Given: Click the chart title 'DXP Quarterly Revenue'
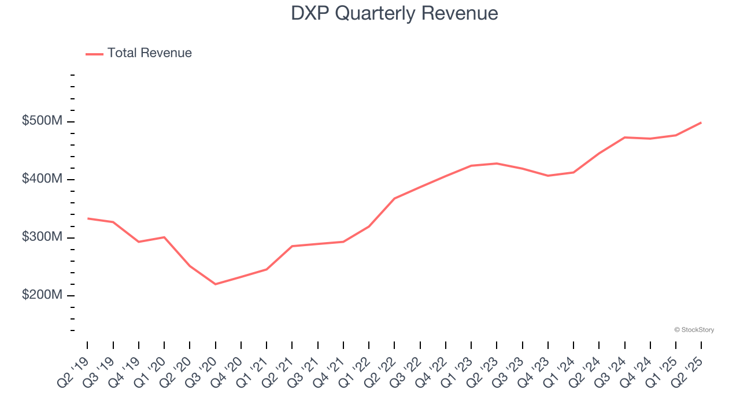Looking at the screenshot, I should point(394,13).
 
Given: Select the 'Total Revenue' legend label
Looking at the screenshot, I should point(149,53).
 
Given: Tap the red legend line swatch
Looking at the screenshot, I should point(94,54).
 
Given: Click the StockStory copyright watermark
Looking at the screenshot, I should point(694,330).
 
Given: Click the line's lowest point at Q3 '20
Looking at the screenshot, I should point(215,284).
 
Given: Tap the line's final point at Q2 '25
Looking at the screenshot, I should point(701,122).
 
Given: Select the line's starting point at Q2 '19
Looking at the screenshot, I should point(87,218).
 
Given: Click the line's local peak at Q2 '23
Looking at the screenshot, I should point(497,164).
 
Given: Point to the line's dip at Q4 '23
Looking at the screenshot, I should point(547,176).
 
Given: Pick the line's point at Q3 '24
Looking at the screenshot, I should point(624,138).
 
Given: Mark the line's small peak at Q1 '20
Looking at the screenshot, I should point(164,237).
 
